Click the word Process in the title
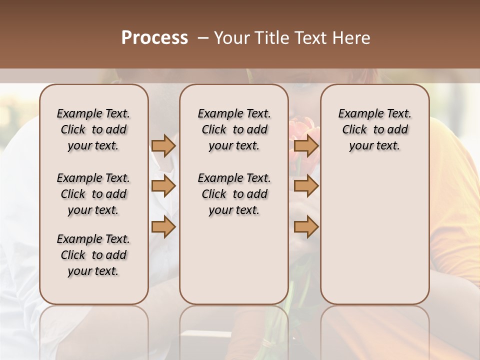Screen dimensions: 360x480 coord(154,38)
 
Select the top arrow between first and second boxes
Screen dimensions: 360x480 coord(163,145)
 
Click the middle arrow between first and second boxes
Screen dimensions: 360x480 coord(163,186)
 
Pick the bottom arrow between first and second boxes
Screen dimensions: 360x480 coord(163,227)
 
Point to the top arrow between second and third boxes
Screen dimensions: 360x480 coord(306,145)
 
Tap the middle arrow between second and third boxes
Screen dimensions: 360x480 coord(306,186)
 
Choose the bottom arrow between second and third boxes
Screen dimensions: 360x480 coord(306,227)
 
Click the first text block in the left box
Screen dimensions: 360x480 coord(93,129)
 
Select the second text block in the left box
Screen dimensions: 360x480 coord(93,194)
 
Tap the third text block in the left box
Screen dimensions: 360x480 coord(93,255)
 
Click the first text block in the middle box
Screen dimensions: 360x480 coord(234,129)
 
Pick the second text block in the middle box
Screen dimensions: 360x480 coord(234,194)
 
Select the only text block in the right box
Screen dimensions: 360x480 coord(374,129)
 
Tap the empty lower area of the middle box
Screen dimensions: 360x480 coord(234,265)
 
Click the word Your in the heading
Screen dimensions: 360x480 coord(230,38)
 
